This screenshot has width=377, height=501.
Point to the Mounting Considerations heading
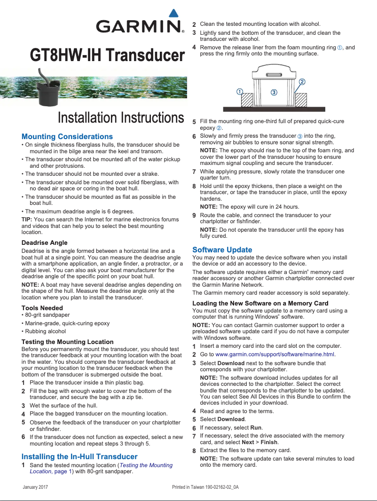pyautogui.click(x=67, y=137)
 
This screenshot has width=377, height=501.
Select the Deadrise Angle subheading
pyautogui.click(x=45, y=243)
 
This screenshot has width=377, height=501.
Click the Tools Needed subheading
pyautogui.click(x=42, y=308)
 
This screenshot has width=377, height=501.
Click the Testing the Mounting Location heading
pyautogui.click(x=68, y=342)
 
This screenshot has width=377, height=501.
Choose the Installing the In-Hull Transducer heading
pyautogui.click(x=79, y=456)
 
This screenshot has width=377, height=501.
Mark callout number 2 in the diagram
pyautogui.click(x=302, y=81)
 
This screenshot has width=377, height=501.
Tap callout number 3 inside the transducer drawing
pyautogui.click(x=274, y=92)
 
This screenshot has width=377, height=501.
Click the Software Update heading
pyautogui.click(x=222, y=250)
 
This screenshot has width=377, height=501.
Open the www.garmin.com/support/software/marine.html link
pyautogui.click(x=275, y=354)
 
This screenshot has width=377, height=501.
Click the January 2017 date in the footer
pyautogui.click(x=36, y=487)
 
